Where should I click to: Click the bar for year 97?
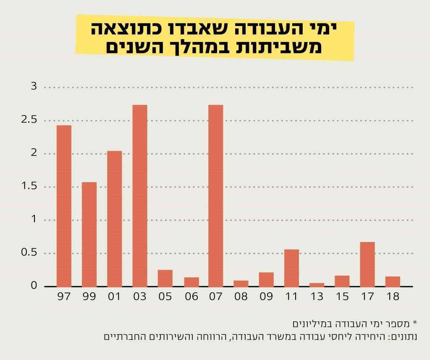(64, 206)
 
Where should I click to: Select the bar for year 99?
(89, 234)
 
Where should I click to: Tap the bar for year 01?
(114, 218)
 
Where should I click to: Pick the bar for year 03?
(140, 195)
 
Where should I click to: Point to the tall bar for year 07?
(216, 195)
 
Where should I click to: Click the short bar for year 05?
(165, 278)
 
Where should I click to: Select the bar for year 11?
(291, 268)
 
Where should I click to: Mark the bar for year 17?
(367, 264)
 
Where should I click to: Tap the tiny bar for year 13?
(317, 284)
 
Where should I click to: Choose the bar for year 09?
(266, 279)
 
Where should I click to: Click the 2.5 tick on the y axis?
(29, 120)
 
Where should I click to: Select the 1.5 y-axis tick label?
(29, 187)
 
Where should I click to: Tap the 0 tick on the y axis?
(34, 286)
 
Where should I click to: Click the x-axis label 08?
(241, 297)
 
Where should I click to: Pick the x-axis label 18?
(393, 297)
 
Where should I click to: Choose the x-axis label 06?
(191, 297)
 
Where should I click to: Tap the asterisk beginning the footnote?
(415, 323)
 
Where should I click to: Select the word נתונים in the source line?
(404, 336)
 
